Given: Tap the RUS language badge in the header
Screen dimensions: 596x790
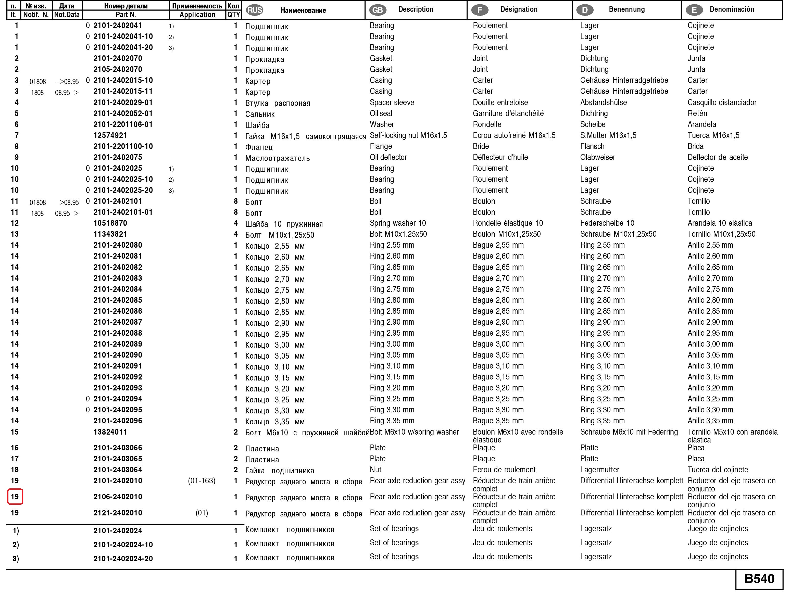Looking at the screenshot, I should [255, 10].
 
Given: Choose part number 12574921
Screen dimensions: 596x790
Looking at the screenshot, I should [110, 135].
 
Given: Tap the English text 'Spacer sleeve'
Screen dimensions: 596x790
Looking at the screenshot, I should [392, 103].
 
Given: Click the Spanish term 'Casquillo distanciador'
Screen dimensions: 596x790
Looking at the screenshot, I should [722, 103].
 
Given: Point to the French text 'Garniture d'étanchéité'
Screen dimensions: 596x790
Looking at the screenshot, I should [508, 113].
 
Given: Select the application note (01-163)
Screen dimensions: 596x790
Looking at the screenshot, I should [202, 481].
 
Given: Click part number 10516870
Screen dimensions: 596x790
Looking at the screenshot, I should [110, 223].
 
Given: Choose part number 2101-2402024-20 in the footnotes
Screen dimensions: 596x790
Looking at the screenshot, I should [123, 559].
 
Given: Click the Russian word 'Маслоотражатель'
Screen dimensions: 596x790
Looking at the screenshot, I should [277, 158].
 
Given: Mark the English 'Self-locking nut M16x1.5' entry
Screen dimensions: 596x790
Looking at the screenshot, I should [408, 135].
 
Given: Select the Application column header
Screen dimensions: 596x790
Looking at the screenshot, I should [197, 15].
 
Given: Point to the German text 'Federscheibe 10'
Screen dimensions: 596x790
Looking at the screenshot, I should [607, 223].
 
